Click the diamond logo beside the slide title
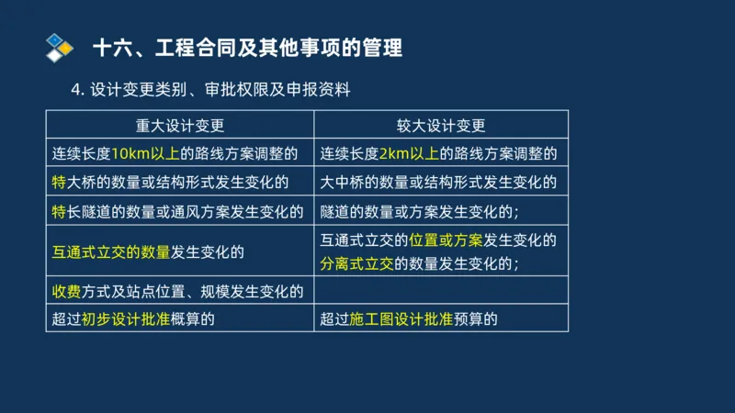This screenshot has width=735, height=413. click(60, 46)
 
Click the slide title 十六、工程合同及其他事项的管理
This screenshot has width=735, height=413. click(248, 47)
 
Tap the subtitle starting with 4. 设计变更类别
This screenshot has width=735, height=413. click(210, 90)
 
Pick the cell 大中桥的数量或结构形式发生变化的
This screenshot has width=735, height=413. click(438, 182)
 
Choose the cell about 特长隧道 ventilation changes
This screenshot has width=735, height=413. click(177, 211)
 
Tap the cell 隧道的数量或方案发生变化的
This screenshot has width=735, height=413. click(420, 211)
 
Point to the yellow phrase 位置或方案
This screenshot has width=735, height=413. click(446, 240)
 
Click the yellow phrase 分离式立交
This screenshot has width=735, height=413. click(356, 263)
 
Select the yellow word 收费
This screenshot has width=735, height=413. click(66, 292)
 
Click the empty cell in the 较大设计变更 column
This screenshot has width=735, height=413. click(441, 292)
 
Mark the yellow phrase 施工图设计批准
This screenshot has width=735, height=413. click(401, 319)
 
